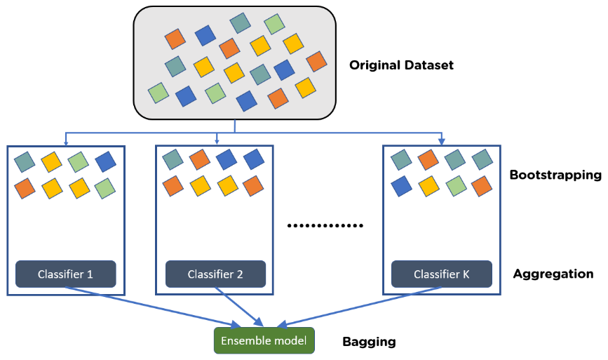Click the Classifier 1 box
pos(65,274)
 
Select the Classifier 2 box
pos(215,274)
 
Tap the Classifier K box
pos(441,274)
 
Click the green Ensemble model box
pos(264,341)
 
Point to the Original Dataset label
pos(401,65)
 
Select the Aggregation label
pos(553,274)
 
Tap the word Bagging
pos(369,342)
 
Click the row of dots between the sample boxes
pos(327,226)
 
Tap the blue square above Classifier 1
pos(105,162)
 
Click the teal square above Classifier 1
pos(25,162)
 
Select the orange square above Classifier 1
pos(25,188)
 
